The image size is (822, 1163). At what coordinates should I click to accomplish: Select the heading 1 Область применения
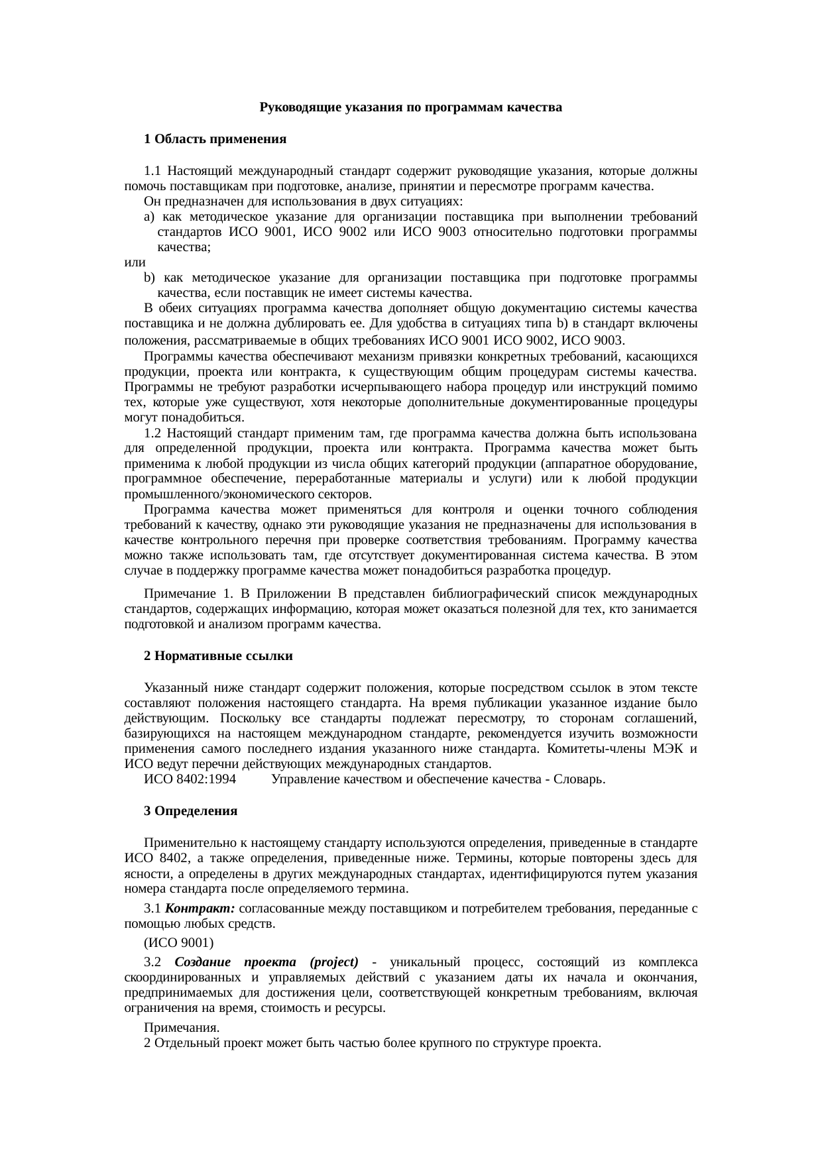pos(215,139)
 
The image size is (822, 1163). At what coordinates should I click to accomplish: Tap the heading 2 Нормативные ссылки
pos(218,656)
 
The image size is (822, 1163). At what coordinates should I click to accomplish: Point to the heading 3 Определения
pos(190,811)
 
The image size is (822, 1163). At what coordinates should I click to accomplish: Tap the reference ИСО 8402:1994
pos(190,779)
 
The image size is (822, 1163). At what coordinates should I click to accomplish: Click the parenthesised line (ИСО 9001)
pos(178,942)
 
